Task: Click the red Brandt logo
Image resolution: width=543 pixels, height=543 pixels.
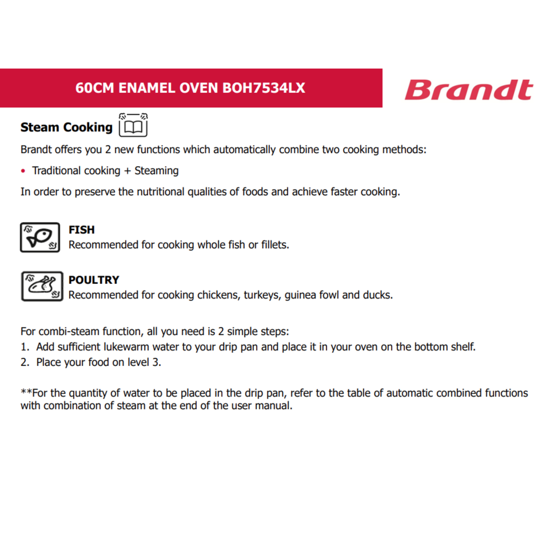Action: coord(469,90)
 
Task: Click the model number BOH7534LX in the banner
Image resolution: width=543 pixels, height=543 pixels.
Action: coord(264,88)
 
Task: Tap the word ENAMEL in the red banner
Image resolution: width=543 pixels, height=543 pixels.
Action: coord(149,88)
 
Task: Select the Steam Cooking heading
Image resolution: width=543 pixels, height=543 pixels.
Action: coord(66,127)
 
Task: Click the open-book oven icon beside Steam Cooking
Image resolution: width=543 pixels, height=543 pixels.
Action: coord(133,125)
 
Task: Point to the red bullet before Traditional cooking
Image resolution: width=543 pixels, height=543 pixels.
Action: coord(23,171)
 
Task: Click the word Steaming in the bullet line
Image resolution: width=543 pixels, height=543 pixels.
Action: coord(157,171)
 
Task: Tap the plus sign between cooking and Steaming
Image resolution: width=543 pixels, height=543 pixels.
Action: coord(127,171)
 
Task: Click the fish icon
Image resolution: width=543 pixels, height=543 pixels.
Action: coord(40,238)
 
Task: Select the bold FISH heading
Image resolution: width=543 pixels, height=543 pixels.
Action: coord(81,230)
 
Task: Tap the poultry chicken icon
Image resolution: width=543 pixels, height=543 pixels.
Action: coord(42,286)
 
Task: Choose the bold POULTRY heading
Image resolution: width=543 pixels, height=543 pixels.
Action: coord(94,280)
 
